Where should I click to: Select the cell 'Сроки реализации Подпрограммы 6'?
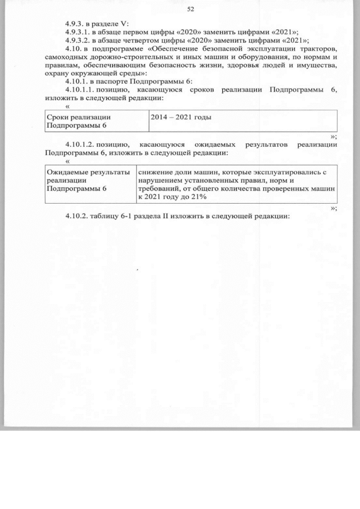pyautogui.click(x=79, y=121)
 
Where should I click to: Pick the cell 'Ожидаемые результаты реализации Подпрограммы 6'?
pyautogui.click(x=88, y=181)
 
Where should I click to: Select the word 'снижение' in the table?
pyautogui.click(x=155, y=172)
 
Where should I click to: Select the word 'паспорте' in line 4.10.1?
pyautogui.click(x=112, y=82)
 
